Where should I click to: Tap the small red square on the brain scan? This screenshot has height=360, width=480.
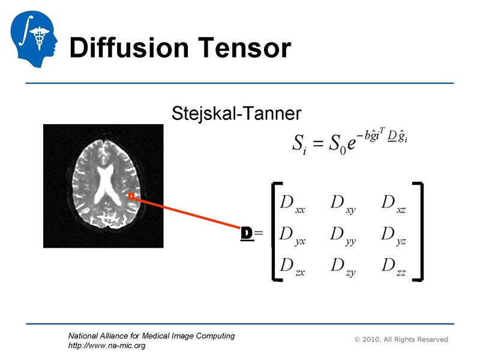[131, 196]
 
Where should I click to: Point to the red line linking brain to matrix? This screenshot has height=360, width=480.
[186, 212]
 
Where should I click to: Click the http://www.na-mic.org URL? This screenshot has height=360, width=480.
[107, 346]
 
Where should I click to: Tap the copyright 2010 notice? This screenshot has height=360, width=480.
[401, 340]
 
